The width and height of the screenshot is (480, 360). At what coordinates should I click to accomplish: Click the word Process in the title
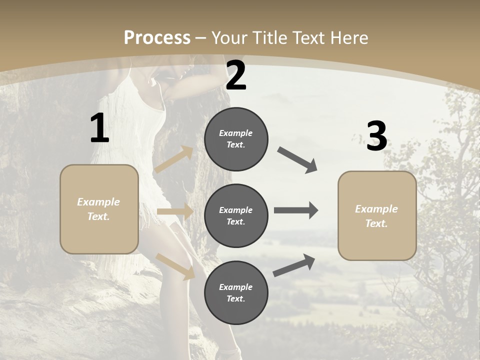(157, 37)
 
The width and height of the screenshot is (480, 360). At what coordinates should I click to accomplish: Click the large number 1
(99, 128)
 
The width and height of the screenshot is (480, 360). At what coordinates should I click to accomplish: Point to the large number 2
(236, 75)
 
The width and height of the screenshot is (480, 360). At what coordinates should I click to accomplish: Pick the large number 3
(376, 136)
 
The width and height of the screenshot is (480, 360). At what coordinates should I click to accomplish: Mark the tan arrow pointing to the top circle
(173, 159)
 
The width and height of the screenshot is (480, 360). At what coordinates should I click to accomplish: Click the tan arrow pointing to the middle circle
(175, 211)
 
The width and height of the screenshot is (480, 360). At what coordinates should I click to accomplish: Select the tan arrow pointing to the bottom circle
(175, 266)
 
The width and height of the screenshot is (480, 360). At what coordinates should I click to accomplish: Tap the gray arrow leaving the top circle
(297, 160)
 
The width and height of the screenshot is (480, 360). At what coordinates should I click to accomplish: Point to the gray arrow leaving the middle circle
(296, 210)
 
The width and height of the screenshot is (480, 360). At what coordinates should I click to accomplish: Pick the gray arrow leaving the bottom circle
(294, 265)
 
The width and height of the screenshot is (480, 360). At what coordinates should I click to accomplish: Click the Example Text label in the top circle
(236, 139)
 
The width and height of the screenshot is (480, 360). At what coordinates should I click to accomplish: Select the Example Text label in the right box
(376, 216)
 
